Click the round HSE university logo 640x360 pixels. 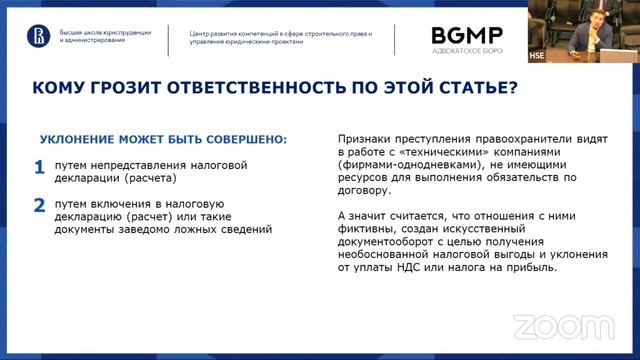pos(42,36)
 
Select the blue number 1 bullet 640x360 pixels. pos(39,167)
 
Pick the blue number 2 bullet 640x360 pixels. pos(39,205)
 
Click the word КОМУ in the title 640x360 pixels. pos(62,89)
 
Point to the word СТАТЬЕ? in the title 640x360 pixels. pos(479,89)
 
